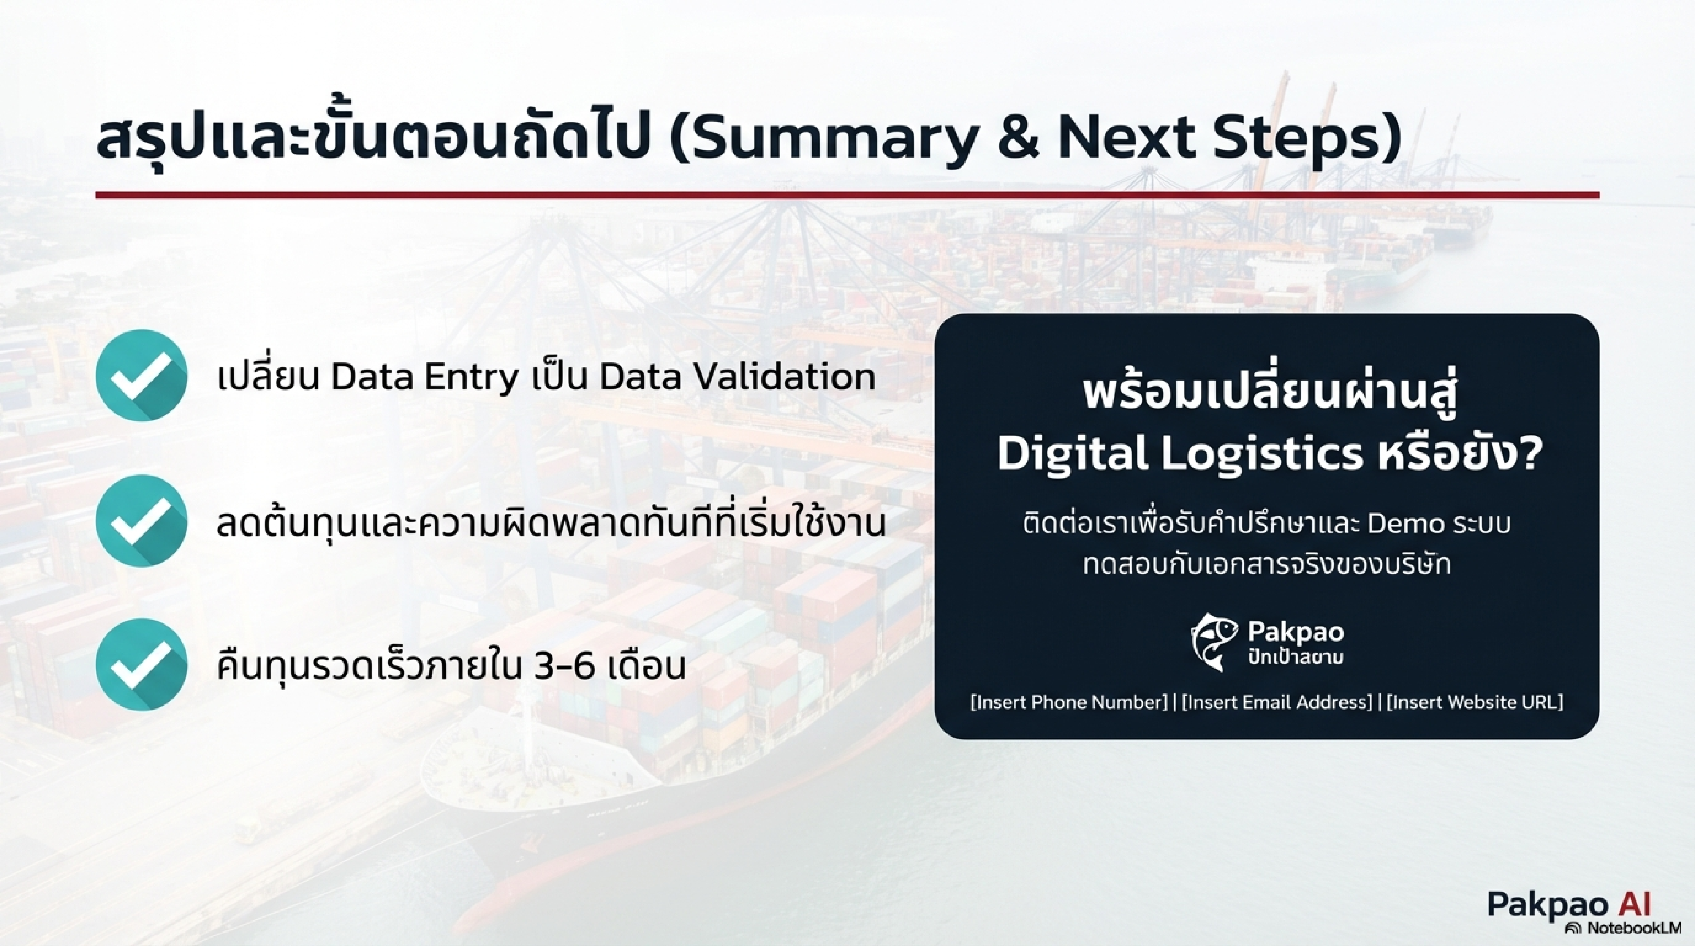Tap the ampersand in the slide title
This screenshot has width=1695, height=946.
(1019, 140)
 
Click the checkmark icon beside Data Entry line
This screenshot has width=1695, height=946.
(141, 375)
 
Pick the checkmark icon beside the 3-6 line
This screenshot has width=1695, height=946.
(141, 665)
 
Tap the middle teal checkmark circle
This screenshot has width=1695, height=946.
(141, 521)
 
